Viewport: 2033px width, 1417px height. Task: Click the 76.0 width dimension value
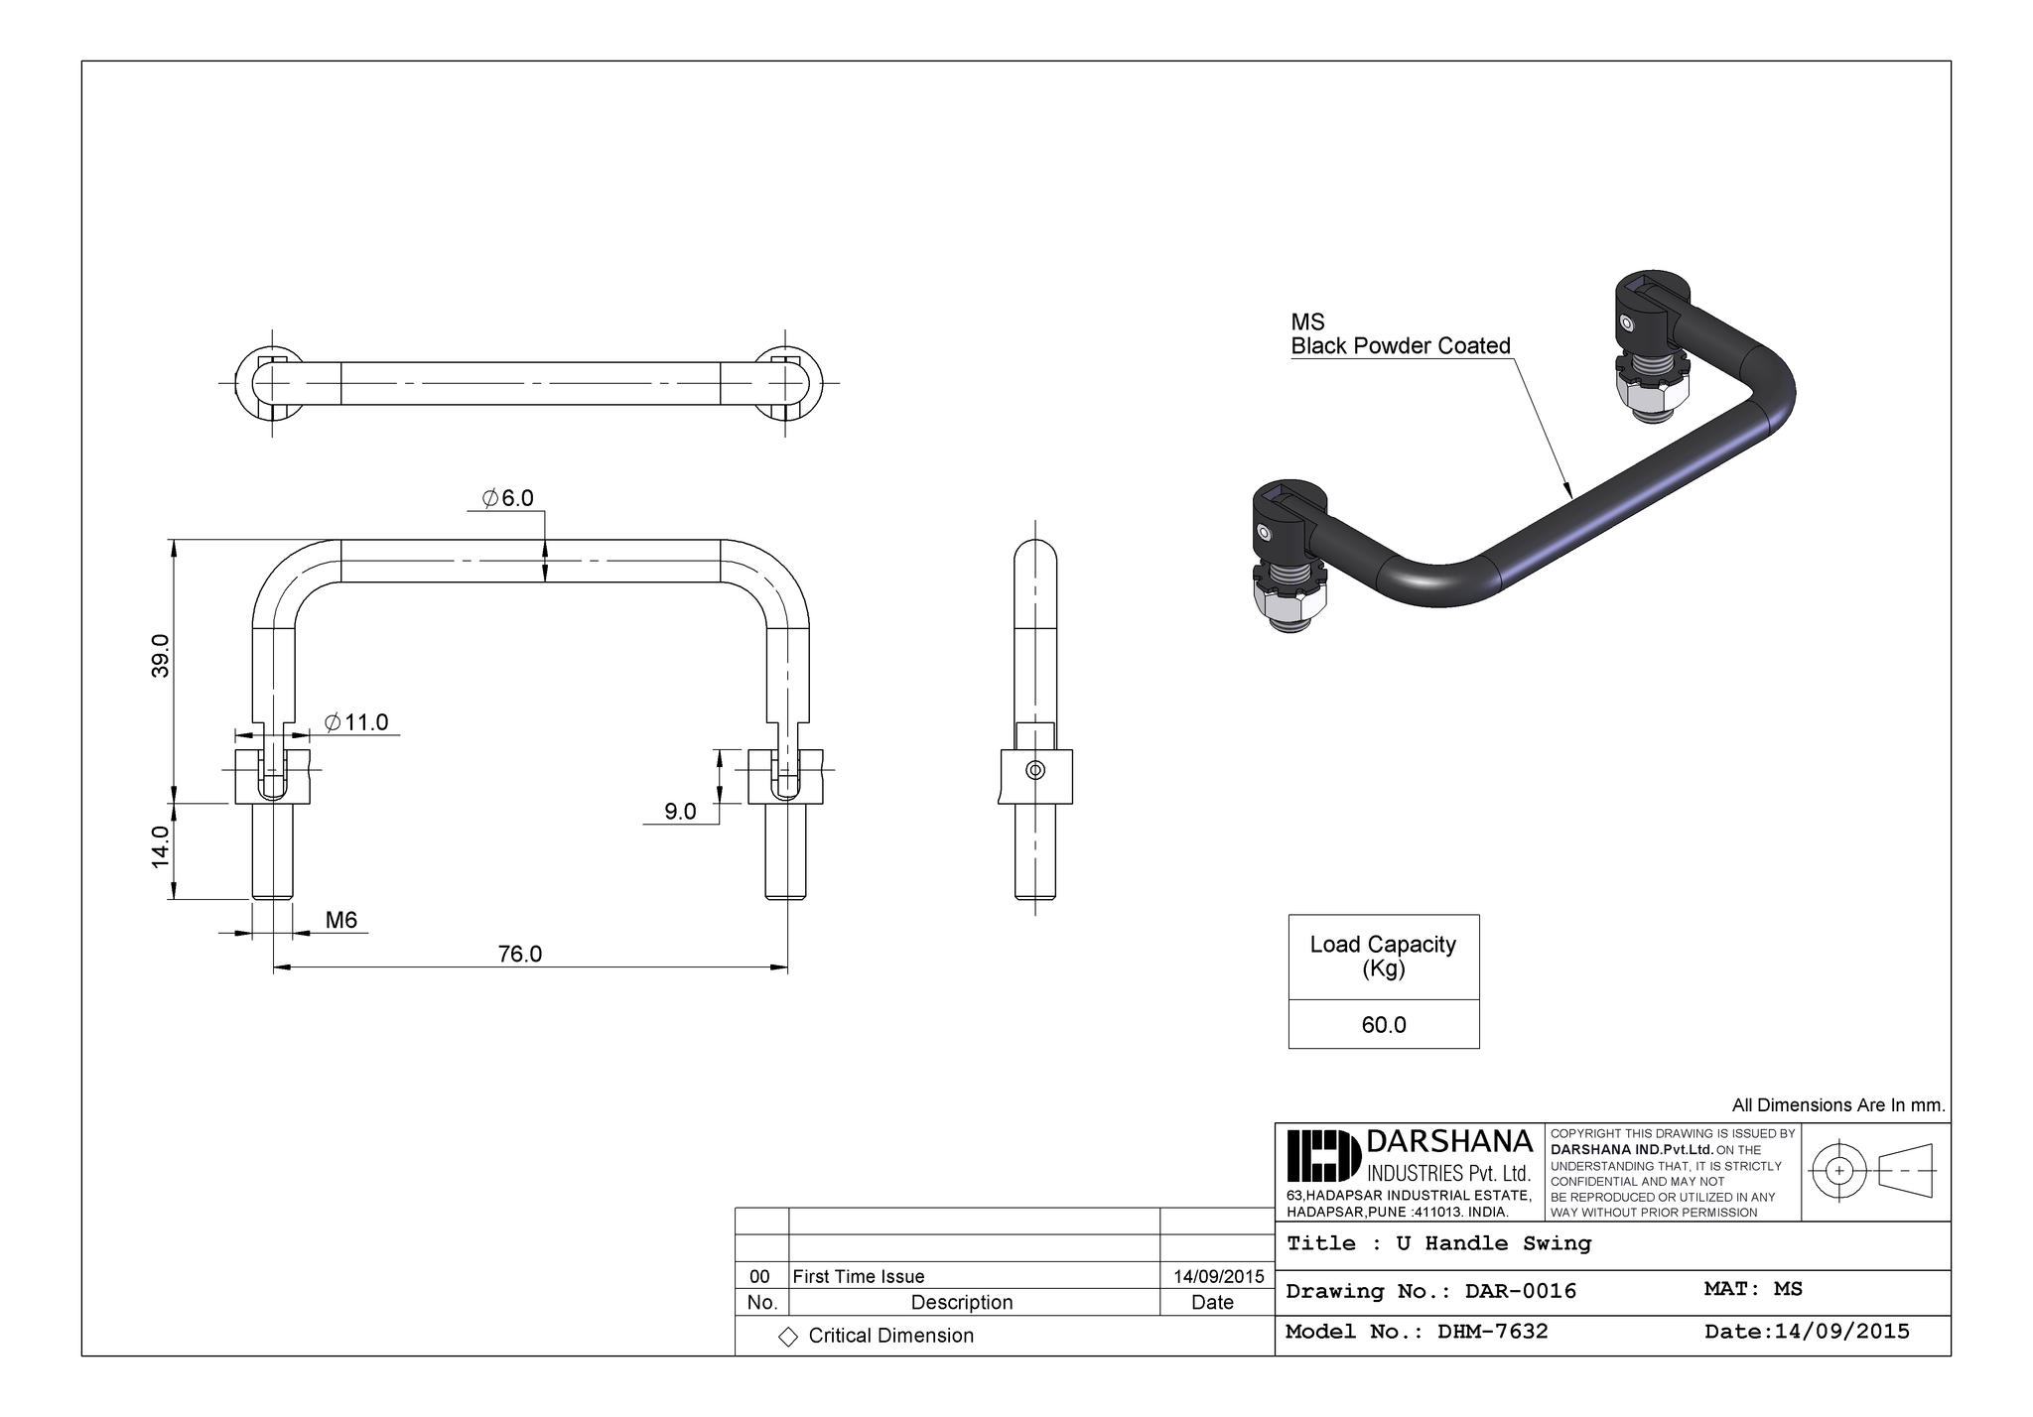pyautogui.click(x=519, y=954)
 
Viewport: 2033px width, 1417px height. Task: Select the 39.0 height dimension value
pyautogui.click(x=161, y=655)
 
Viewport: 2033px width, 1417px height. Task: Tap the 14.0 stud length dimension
pyautogui.click(x=161, y=846)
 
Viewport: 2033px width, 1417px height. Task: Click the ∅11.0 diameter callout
pyautogui.click(x=356, y=722)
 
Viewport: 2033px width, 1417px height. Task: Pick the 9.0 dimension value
pyautogui.click(x=680, y=812)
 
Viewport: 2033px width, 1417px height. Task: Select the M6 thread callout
pyautogui.click(x=341, y=920)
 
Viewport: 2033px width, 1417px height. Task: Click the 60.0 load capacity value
pyautogui.click(x=1383, y=1024)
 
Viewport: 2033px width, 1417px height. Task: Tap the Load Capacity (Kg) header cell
pyautogui.click(x=1383, y=956)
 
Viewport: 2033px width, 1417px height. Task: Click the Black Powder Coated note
pyautogui.click(x=1400, y=345)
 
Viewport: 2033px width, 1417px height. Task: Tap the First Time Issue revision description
pyautogui.click(x=859, y=1276)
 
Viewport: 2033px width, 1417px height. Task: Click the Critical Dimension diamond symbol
pyautogui.click(x=788, y=1337)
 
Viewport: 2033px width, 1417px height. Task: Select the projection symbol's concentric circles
pyautogui.click(x=1838, y=1171)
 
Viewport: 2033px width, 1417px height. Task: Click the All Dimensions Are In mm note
pyautogui.click(x=1838, y=1105)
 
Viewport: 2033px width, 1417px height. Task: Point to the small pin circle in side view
pyautogui.click(x=1034, y=770)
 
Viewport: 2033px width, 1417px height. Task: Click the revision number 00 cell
pyautogui.click(x=760, y=1276)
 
